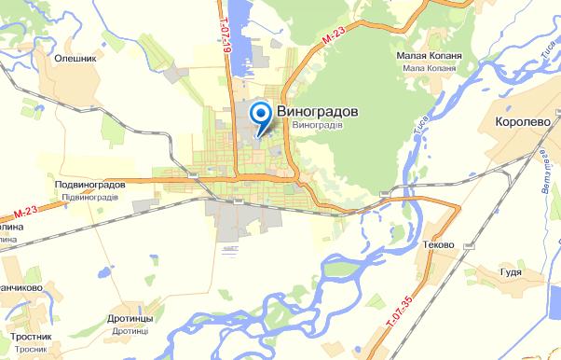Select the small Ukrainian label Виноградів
pos(318,124)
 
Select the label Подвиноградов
pos(90,185)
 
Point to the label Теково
pos(438,244)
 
